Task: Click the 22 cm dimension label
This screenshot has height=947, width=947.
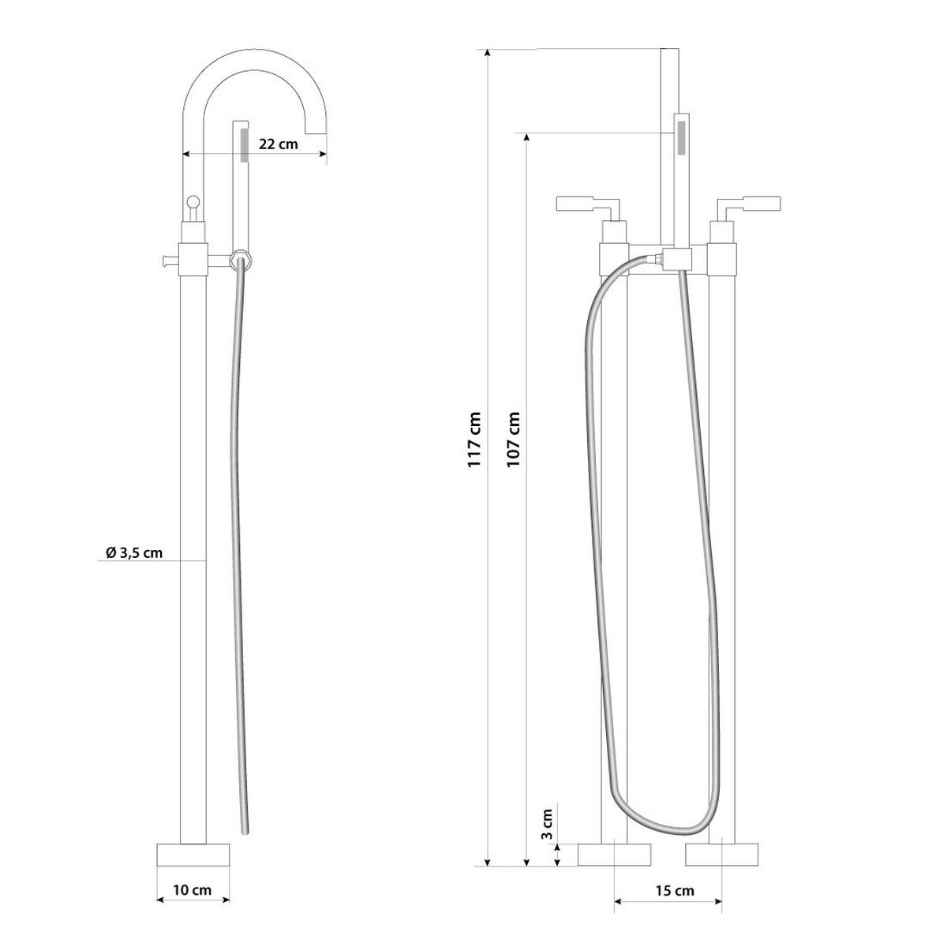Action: (x=278, y=144)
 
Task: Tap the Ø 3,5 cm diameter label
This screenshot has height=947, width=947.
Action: (x=134, y=552)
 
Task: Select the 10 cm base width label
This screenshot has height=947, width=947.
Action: (x=193, y=890)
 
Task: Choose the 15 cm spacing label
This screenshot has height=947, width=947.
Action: (x=674, y=891)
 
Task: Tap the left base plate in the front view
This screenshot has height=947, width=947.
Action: (x=615, y=855)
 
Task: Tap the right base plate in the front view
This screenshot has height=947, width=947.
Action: (x=721, y=855)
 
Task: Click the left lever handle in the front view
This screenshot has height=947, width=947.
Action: (x=584, y=204)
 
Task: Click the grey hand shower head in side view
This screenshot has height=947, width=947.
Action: (x=244, y=145)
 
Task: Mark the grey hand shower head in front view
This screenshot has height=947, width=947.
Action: (x=681, y=135)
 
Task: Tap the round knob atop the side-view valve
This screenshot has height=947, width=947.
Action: (x=193, y=201)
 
